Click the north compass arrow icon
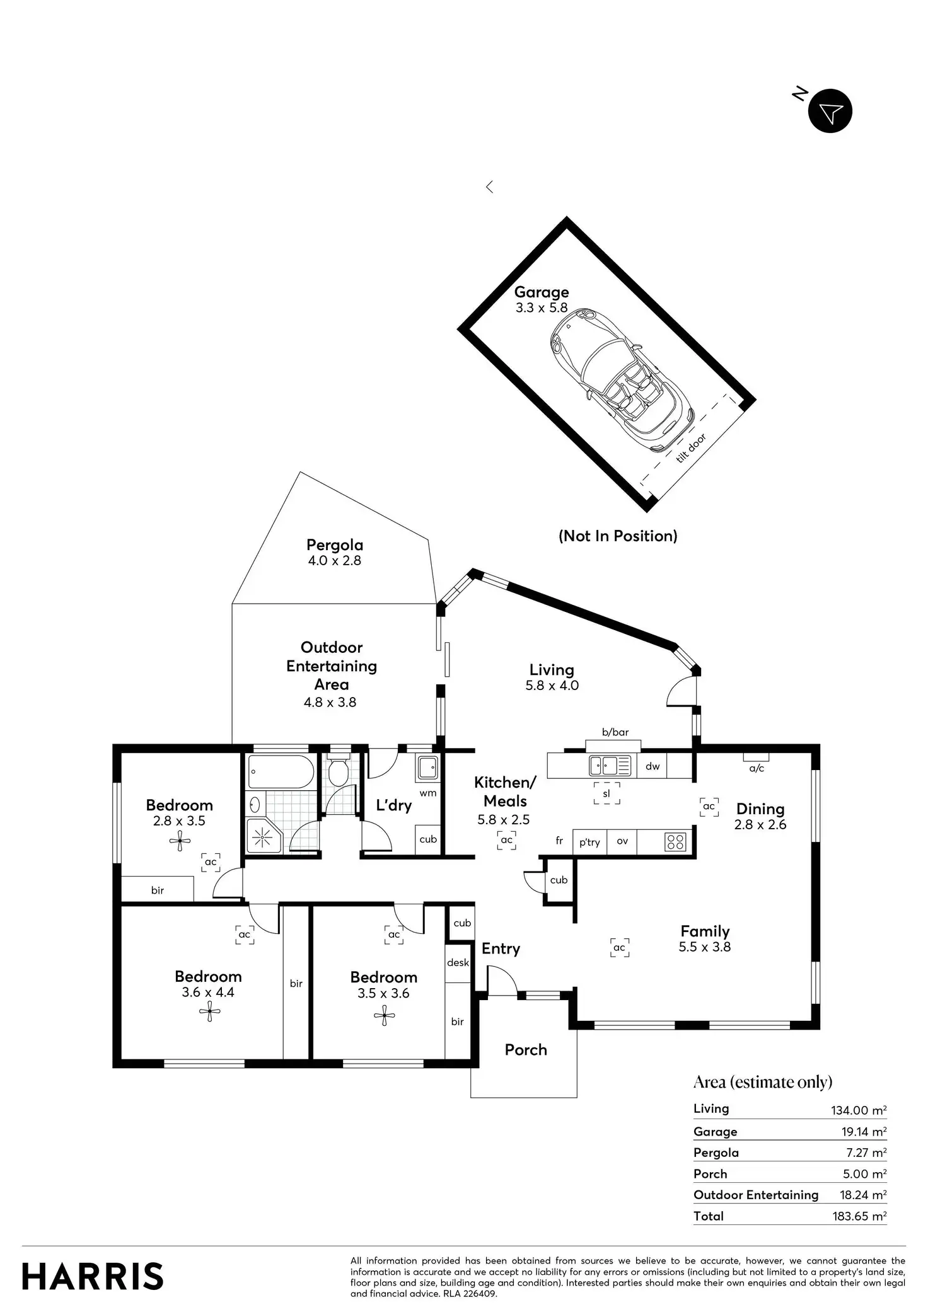point(830,112)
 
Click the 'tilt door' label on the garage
point(691,448)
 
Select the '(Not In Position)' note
point(618,536)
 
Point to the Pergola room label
point(335,545)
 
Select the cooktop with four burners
point(675,842)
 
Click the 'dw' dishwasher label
point(652,766)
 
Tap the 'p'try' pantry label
point(589,842)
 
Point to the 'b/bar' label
point(615,732)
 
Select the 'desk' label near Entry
point(458,962)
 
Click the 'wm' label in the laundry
point(428,793)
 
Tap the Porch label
point(526,1049)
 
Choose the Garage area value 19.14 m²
point(864,1131)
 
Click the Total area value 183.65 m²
point(859,1216)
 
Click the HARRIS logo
point(93,1276)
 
